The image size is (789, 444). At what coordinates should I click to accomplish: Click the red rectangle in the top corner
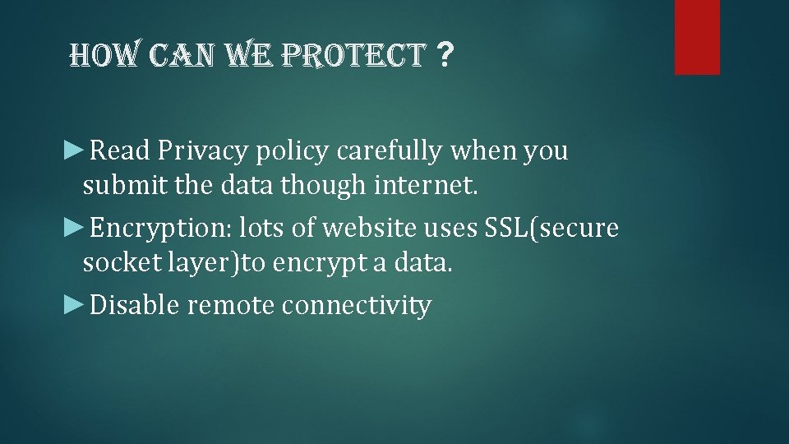click(697, 37)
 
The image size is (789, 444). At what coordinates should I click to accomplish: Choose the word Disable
click(135, 306)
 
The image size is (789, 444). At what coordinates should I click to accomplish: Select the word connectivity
click(356, 306)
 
